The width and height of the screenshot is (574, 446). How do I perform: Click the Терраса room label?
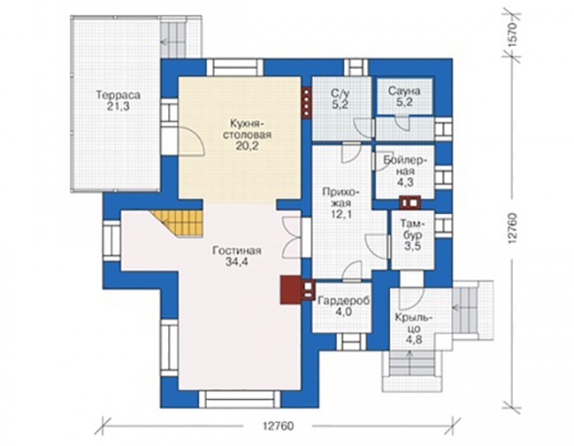(x=118, y=95)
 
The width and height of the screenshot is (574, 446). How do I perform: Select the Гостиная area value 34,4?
(x=236, y=262)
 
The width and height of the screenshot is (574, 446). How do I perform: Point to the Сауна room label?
(x=404, y=91)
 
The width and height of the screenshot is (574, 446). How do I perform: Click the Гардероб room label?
(x=344, y=301)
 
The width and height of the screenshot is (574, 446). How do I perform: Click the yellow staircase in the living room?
(x=179, y=223)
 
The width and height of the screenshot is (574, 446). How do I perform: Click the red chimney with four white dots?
(x=307, y=103)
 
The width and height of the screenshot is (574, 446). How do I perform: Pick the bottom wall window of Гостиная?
(x=239, y=399)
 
